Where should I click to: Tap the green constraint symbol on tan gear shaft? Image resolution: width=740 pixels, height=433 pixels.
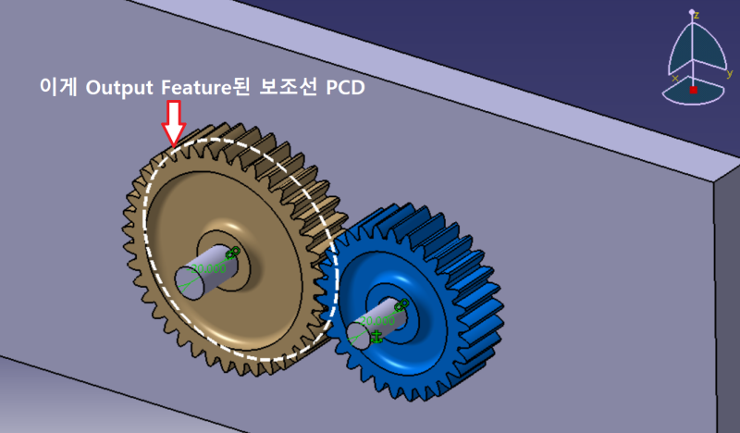tap(232, 252)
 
